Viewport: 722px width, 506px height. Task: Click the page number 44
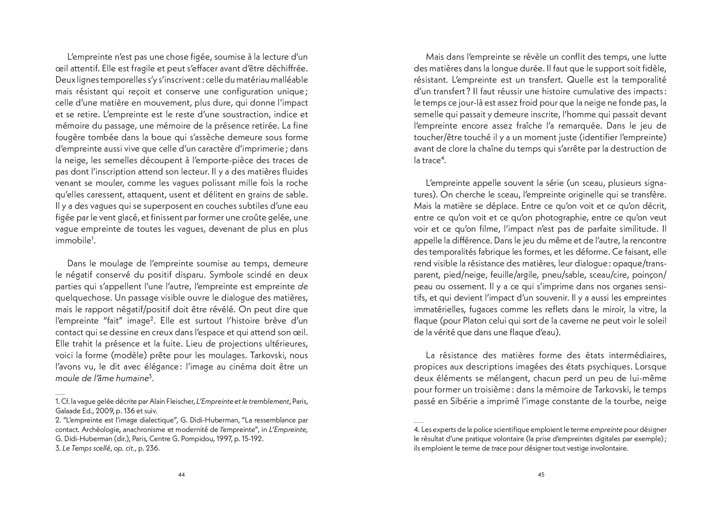point(182,474)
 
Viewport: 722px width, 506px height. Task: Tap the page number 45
point(541,474)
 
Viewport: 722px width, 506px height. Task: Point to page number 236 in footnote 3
point(152,448)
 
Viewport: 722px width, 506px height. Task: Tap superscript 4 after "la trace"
point(442,158)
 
